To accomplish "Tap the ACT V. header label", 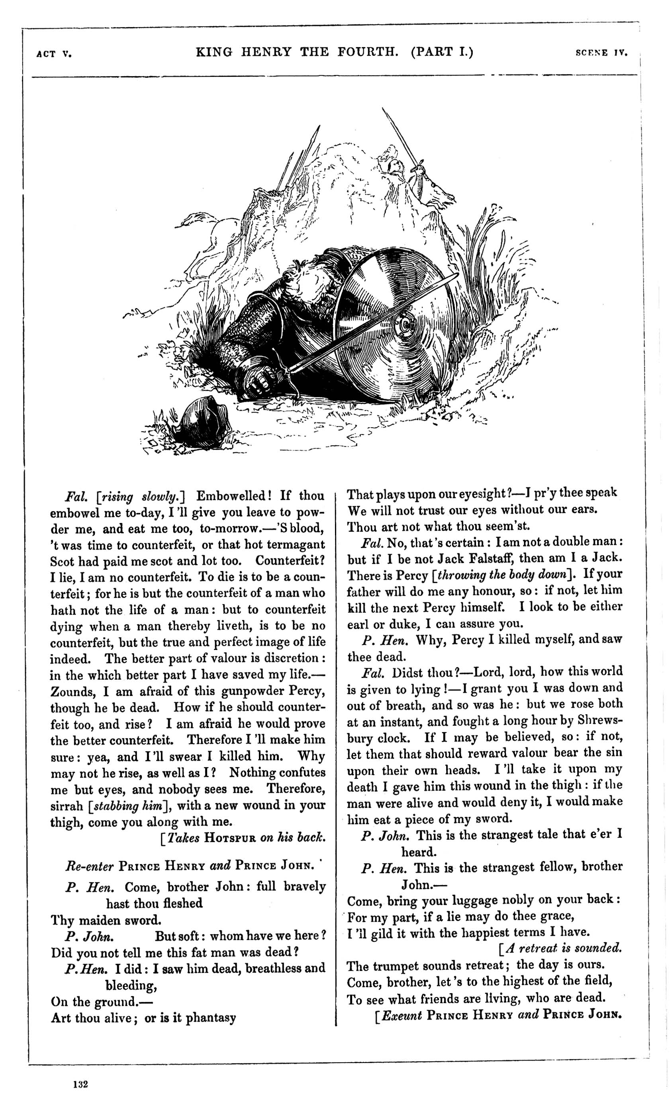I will point(54,54).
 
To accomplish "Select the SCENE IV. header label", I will point(602,53).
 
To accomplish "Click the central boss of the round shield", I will point(406,325).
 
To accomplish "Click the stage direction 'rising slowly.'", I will point(140,497).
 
